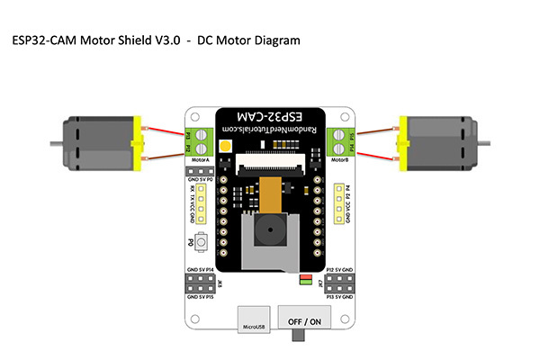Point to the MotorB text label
click(x=339, y=160)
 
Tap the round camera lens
click(x=268, y=232)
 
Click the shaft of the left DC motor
click(x=52, y=141)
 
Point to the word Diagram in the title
click(x=272, y=40)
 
